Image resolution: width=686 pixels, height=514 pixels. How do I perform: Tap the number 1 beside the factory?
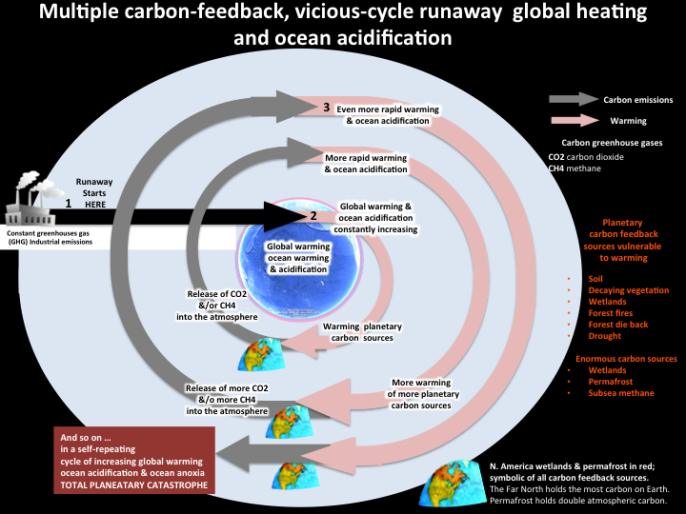tap(69, 204)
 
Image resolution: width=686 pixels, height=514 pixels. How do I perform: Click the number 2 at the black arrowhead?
tap(313, 215)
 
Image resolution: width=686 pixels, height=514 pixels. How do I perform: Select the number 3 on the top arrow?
tap(327, 107)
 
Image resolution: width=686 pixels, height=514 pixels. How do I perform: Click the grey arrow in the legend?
tap(574, 99)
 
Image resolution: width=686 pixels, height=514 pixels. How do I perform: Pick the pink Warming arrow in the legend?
tap(575, 120)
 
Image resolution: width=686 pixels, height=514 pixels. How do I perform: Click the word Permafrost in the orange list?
tap(611, 382)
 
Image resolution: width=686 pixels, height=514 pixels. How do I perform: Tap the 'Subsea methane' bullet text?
tap(621, 393)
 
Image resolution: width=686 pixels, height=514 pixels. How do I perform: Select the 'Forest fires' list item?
tap(611, 313)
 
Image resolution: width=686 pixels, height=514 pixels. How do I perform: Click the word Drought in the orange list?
tap(605, 336)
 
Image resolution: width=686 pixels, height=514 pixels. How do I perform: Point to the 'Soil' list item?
tap(595, 279)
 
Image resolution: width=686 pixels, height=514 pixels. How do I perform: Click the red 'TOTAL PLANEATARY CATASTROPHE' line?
tap(134, 485)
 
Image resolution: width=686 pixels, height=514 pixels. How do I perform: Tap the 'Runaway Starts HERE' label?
tap(94, 192)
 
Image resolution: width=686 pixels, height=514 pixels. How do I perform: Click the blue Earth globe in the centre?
tap(299, 261)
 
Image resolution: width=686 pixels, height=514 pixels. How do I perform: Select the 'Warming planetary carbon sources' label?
tap(362, 332)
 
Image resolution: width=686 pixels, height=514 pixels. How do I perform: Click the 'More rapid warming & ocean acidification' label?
tap(366, 164)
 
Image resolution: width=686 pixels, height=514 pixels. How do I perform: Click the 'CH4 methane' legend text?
tap(575, 168)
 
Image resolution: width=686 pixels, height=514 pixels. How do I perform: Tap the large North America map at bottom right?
tap(453, 484)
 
